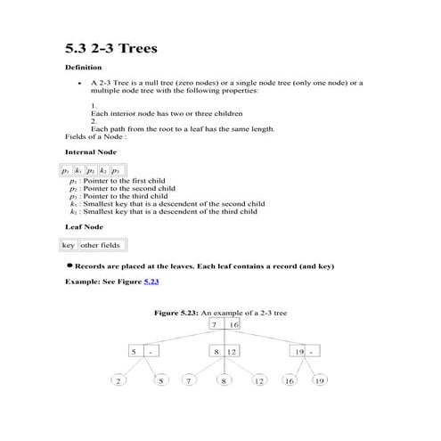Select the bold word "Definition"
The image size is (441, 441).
tap(84, 68)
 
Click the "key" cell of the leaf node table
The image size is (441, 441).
tap(69, 245)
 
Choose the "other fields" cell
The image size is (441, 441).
tap(102, 245)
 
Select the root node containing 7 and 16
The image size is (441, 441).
tap(225, 325)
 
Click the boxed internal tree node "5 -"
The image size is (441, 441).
tap(143, 352)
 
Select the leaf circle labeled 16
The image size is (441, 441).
tap(289, 381)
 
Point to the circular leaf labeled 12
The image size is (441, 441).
tap(259, 381)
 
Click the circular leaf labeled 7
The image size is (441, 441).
tap(188, 381)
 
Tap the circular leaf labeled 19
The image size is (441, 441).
tap(319, 381)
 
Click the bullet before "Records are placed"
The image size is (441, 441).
tap(69, 265)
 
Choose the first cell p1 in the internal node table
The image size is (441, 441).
tap(66, 169)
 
